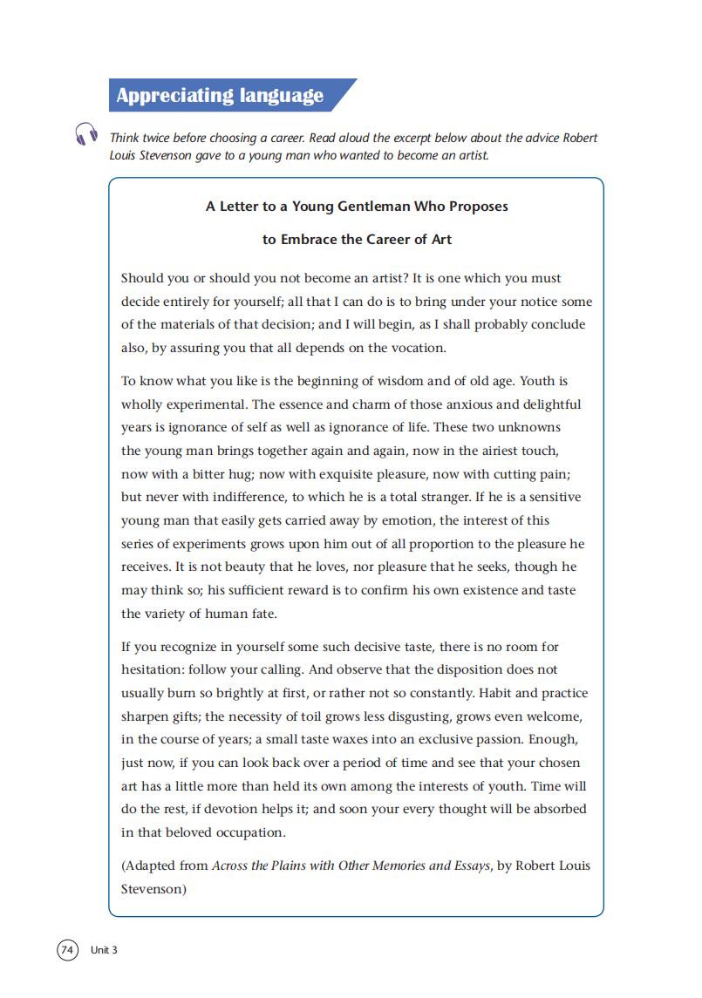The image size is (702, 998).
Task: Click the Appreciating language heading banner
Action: pos(222,95)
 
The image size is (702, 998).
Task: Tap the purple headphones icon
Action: pos(86,135)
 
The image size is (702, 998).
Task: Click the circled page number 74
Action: pos(68,949)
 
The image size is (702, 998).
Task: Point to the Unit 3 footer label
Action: pos(104,950)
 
